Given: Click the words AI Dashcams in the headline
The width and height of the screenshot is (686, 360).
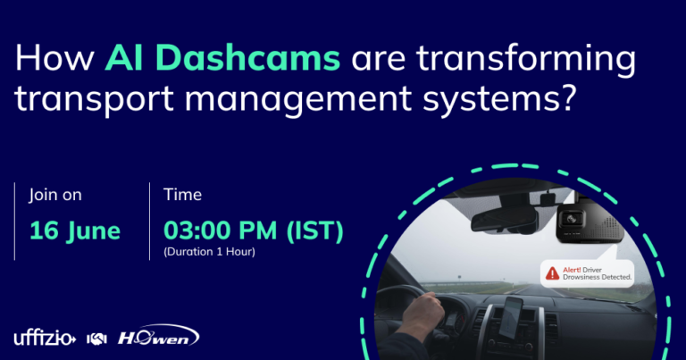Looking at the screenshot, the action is (222, 58).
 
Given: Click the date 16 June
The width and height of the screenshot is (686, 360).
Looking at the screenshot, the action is (75, 231).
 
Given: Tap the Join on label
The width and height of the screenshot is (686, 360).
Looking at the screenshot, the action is (55, 195).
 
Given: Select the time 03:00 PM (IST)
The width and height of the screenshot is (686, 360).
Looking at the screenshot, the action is (254, 230).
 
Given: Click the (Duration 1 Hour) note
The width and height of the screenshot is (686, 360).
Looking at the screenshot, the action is (209, 252).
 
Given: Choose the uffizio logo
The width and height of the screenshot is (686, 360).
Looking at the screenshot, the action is (45, 339).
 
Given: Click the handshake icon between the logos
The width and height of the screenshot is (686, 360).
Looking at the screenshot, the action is (96, 339).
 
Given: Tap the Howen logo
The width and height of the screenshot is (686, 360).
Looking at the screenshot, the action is (158, 336).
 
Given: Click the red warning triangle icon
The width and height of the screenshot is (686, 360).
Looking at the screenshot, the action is (552, 273).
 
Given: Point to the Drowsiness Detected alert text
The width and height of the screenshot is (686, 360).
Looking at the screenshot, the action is (597, 277).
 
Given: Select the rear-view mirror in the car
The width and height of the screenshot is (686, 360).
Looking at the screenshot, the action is (504, 220).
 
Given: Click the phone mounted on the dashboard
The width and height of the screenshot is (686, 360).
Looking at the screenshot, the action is (511, 318).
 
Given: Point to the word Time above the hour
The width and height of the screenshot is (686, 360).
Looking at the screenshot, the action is (182, 195).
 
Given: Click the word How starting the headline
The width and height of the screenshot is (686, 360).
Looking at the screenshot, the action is (54, 58).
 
